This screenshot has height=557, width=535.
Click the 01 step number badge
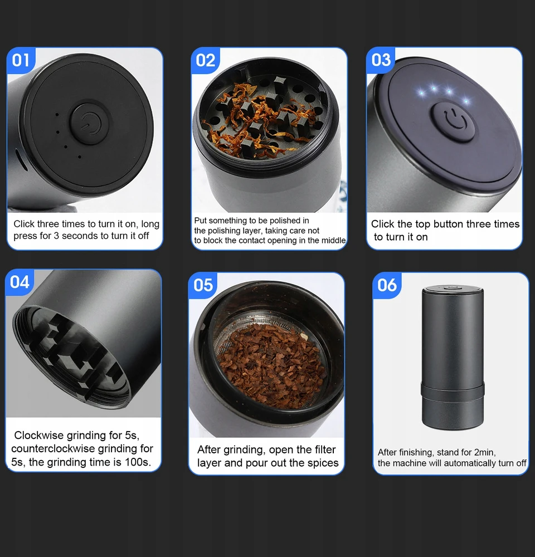coord(21,60)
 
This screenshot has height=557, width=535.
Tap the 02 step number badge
coord(205,60)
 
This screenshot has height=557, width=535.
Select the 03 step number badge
coord(381,60)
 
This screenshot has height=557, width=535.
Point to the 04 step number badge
coord(20,282)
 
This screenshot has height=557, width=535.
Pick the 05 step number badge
coord(203,285)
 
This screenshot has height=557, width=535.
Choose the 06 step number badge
coord(387,285)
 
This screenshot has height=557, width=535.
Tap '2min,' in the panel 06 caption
coord(485,452)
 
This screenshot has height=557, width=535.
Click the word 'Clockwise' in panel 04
coord(39,435)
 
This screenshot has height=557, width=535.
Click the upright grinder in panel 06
coord(453,357)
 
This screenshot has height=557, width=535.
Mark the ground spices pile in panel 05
coord(272,365)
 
